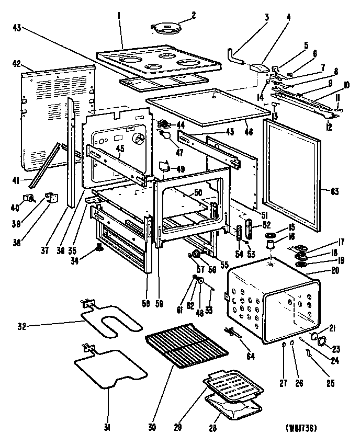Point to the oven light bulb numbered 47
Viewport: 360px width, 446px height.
coord(166,135)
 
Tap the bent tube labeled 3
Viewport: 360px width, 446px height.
coord(235,56)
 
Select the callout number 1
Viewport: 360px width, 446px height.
coord(120,16)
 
